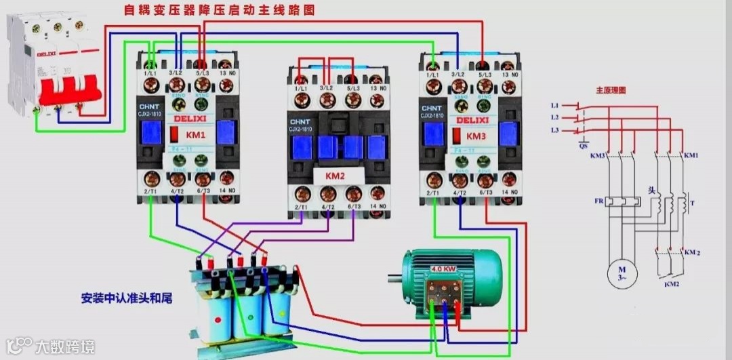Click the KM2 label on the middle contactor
coord(335,176)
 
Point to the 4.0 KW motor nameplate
coord(441,269)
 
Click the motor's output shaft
coord(396,277)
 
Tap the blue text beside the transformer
coord(126,298)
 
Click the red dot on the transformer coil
coord(217,319)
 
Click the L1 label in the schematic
coord(554,106)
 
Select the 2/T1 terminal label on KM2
coord(300,206)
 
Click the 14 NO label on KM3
coord(510,193)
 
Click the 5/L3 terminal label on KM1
coord(201,72)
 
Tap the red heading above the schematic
coord(610,89)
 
